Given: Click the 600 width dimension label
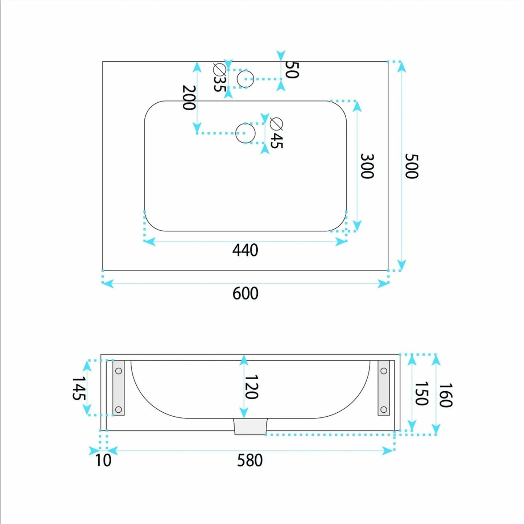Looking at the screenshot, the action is pyautogui.click(x=245, y=294).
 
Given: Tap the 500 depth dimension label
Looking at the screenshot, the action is pyautogui.click(x=411, y=166).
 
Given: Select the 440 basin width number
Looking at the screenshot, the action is pyautogui.click(x=245, y=251).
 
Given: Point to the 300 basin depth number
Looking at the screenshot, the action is pyautogui.click(x=367, y=166).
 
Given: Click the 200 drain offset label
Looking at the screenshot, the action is pyautogui.click(x=189, y=97).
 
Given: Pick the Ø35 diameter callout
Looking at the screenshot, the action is pyautogui.click(x=220, y=78).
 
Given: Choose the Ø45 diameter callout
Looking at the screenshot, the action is pyautogui.click(x=277, y=133).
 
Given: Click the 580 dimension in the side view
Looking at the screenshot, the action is pyautogui.click(x=250, y=461).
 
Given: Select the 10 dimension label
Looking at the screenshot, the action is pyautogui.click(x=103, y=461).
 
